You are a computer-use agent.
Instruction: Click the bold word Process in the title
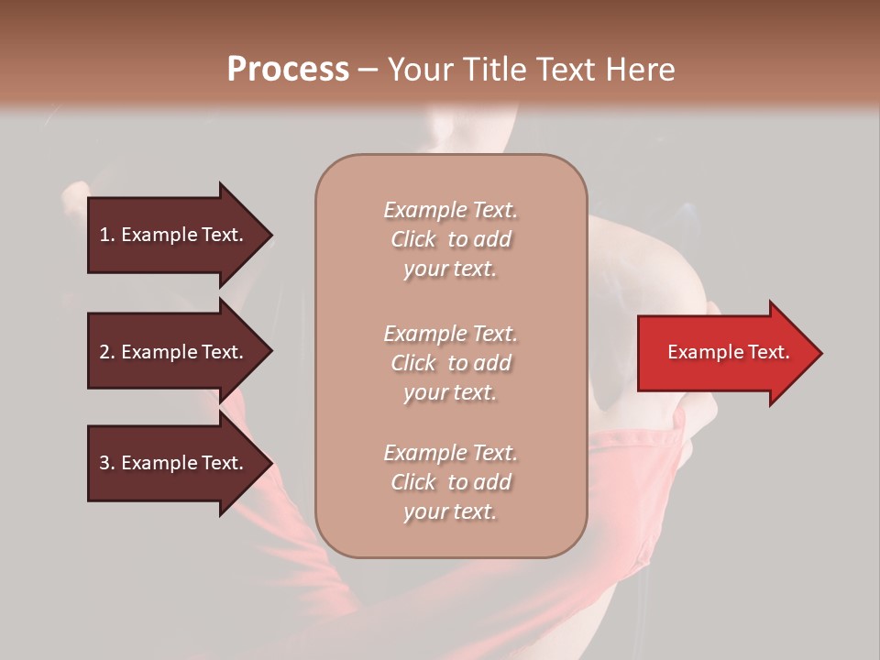(x=288, y=70)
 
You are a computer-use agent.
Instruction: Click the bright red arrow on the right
(x=724, y=353)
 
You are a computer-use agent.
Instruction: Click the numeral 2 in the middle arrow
(x=104, y=352)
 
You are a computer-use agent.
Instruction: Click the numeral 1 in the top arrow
(x=104, y=235)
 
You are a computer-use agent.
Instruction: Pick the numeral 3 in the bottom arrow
(x=104, y=463)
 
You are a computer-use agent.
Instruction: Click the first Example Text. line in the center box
(x=450, y=210)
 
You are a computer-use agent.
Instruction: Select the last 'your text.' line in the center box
(x=450, y=511)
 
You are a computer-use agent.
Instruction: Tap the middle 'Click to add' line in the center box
(x=450, y=363)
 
